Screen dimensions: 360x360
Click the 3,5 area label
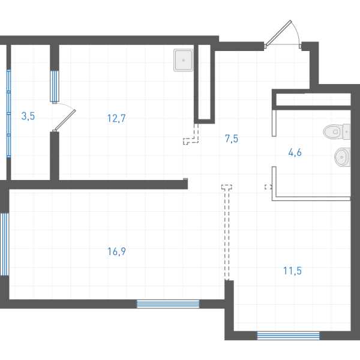[28, 116]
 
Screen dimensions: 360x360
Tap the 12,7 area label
[116, 118]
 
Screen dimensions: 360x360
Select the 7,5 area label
[232, 139]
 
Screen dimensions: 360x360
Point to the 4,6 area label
[295, 152]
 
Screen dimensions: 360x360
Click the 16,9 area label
[116, 251]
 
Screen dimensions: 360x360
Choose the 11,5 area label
[292, 271]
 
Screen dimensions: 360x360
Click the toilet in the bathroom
[337, 131]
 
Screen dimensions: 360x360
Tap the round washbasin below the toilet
[343, 157]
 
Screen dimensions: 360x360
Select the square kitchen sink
[183, 60]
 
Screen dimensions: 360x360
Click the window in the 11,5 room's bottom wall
[288, 335]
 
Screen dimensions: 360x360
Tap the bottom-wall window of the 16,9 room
[168, 304]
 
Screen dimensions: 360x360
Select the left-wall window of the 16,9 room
[4, 244]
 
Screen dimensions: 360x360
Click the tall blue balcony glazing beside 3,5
[9, 113]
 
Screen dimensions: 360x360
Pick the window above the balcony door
[55, 86]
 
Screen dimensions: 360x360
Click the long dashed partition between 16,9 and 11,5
[227, 232]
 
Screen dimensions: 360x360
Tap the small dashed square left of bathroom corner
[268, 187]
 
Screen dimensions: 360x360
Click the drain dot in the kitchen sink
[184, 60]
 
